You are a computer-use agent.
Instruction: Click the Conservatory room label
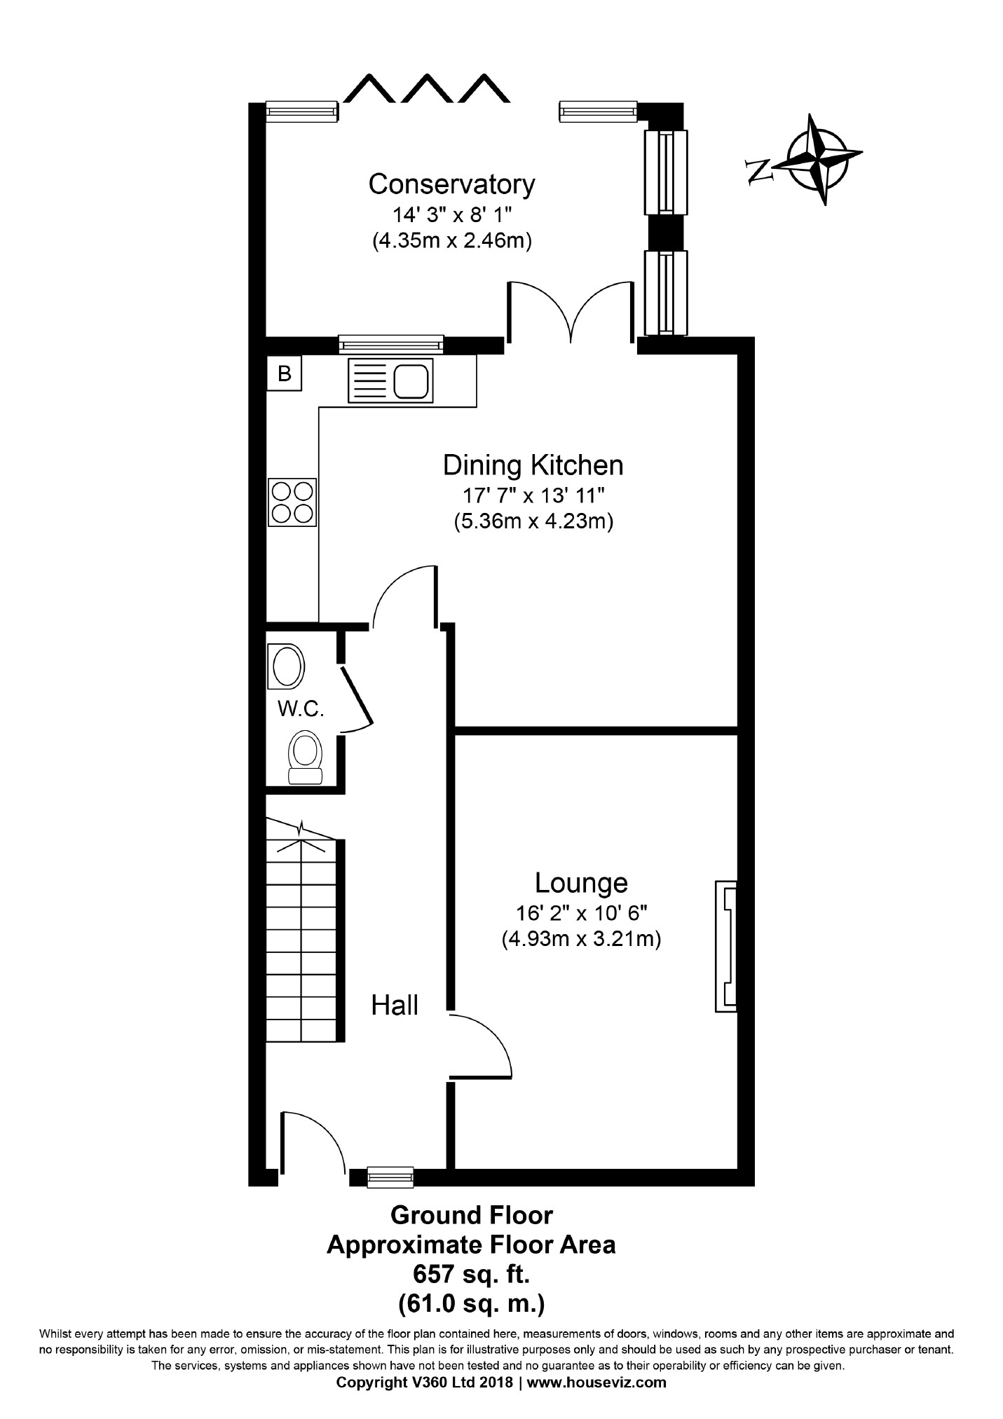451,184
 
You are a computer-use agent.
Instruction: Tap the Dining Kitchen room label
533,465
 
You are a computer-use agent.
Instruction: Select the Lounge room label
581,883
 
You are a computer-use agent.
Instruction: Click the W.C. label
301,709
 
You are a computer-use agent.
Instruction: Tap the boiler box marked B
284,373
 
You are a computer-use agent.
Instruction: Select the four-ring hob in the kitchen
292,502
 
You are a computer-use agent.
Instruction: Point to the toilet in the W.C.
306,757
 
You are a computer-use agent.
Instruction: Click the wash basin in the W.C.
287,666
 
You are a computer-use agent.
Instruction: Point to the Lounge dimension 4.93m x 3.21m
581,938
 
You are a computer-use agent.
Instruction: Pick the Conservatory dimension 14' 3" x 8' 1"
451,214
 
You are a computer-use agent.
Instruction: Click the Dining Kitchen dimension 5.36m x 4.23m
533,522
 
